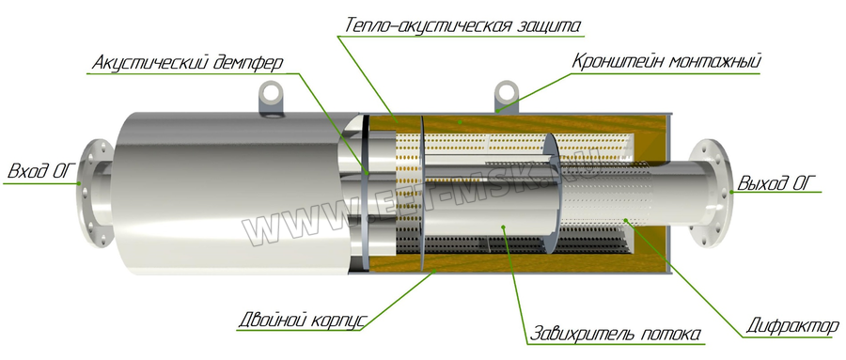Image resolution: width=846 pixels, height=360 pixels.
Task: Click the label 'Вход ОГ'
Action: (x=39, y=172)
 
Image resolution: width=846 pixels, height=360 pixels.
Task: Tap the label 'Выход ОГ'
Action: (x=776, y=180)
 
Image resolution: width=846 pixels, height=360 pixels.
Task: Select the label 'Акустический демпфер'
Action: (x=188, y=64)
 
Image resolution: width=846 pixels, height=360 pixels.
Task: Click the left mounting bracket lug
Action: (x=272, y=97)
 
